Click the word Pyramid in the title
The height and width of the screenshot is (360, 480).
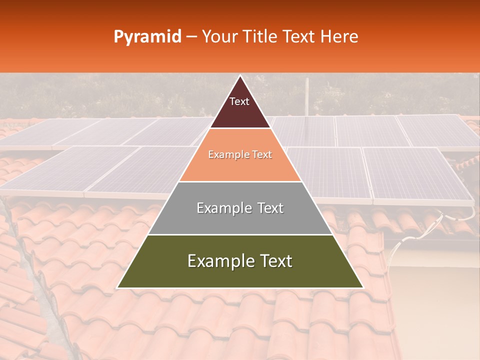(147, 37)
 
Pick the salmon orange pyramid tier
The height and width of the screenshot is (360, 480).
(240, 167)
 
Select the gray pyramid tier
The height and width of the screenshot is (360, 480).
(240, 220)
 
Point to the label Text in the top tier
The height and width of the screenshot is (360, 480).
(239, 102)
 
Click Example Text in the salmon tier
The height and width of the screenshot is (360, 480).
(240, 155)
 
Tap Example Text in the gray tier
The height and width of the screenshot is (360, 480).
(240, 208)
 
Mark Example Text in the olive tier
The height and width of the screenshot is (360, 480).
(240, 261)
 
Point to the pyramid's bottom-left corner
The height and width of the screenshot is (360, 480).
(118, 287)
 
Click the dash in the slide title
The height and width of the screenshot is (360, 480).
(191, 37)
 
